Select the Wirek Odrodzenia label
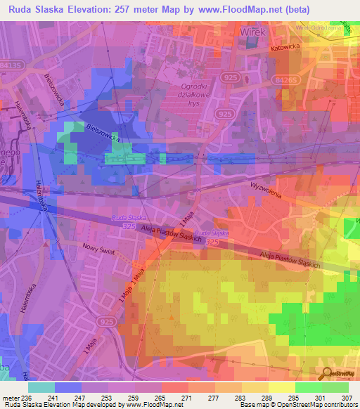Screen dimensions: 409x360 [x=315, y=27]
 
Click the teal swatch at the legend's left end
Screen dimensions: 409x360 [x=41, y=387]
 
